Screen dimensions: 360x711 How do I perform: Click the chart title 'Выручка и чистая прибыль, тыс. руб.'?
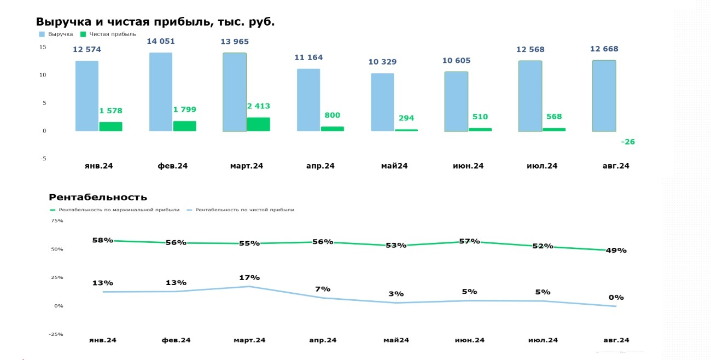tap(155, 22)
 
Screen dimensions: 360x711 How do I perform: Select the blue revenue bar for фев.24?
tap(160, 91)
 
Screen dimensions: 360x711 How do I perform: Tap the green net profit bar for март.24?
tap(258, 124)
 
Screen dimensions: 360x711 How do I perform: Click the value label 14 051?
tap(160, 42)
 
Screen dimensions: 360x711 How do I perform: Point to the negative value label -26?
tap(628, 142)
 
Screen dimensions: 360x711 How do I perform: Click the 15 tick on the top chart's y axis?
tap(43, 47)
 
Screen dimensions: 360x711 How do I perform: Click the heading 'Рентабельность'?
tap(98, 198)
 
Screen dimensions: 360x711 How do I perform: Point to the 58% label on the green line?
tap(102, 240)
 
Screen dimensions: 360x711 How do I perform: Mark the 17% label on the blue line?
tap(249, 277)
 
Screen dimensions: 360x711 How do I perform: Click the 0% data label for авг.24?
tap(616, 298)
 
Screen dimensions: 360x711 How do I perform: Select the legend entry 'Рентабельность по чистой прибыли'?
tap(244, 210)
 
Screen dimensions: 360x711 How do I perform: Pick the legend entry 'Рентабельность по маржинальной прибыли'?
tap(119, 210)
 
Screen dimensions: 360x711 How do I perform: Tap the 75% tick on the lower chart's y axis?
tap(57, 221)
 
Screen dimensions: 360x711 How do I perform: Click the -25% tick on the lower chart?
tap(56, 334)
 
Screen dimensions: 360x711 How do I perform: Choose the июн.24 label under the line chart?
tap(469, 340)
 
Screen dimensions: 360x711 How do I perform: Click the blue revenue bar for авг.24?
tap(604, 96)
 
